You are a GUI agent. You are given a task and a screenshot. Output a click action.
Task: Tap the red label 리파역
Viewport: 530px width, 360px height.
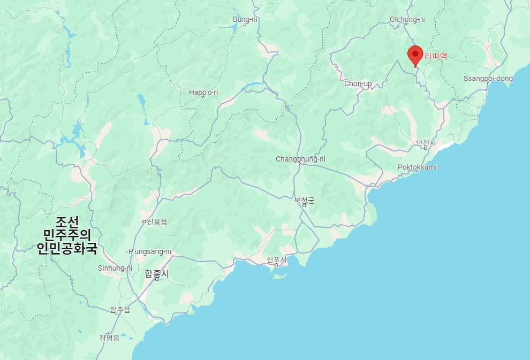[x=435, y=56]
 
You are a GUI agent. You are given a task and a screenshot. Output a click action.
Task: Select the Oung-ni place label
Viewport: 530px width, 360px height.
[x=244, y=20]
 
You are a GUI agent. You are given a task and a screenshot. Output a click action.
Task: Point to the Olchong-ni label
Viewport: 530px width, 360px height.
[x=407, y=20]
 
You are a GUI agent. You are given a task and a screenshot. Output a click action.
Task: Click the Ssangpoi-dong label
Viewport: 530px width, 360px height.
[x=488, y=79]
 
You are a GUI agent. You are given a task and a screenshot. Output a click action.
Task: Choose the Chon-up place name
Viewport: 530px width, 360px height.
[x=358, y=83]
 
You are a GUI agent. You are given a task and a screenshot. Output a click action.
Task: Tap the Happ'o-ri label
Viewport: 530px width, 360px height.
[x=203, y=93]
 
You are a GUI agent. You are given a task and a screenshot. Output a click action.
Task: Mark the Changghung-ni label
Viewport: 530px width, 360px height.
[x=300, y=159]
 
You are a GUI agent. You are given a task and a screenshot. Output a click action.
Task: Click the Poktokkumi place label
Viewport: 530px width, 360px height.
[x=417, y=167]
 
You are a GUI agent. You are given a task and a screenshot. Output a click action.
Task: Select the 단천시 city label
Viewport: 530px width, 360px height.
[x=426, y=143]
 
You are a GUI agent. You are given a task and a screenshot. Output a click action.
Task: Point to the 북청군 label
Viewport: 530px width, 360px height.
[x=304, y=201]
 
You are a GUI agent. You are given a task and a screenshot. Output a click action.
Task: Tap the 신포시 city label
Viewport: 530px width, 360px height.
[x=277, y=260]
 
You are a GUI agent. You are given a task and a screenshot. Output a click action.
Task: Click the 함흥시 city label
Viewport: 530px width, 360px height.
[x=156, y=273]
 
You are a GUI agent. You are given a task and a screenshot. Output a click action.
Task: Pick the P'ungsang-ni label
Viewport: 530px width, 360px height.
[x=150, y=251]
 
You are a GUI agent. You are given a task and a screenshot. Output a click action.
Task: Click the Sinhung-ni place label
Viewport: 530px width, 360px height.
[x=115, y=268]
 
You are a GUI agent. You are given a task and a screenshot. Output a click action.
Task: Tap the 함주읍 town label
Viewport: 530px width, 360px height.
[x=120, y=310]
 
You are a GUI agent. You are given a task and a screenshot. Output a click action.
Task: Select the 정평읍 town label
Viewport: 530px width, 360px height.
[x=109, y=338]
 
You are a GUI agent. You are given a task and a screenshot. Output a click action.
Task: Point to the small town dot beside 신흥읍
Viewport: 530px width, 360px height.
[x=143, y=221]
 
